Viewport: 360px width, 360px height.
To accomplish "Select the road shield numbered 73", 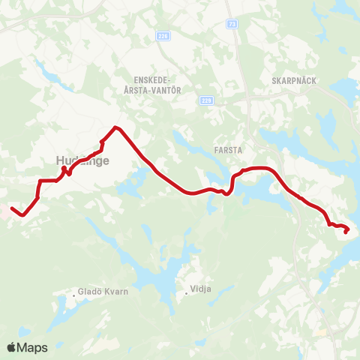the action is pyautogui.click(x=232, y=24).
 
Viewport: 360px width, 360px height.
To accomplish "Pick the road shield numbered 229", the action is pyautogui.click(x=207, y=100).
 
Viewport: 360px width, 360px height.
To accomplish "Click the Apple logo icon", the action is pyautogui.click(x=13, y=347).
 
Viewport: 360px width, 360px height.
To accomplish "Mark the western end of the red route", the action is pyautogui.click(x=12, y=205).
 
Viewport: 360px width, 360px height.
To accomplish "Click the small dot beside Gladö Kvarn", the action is pyautogui.click(x=73, y=294).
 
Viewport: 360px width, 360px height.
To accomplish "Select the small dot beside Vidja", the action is pyautogui.click(x=186, y=293).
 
